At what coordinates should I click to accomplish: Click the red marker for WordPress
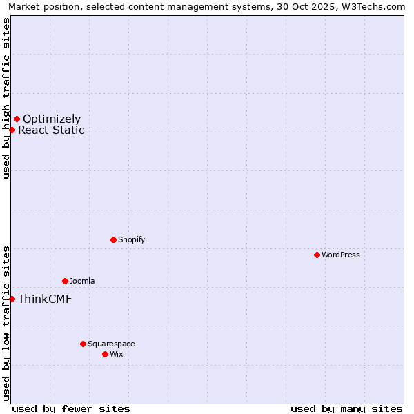[x=317, y=255]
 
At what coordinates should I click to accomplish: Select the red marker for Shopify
[x=113, y=239]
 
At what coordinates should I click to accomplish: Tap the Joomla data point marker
[x=65, y=281]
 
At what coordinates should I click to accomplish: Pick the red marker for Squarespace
[x=83, y=344]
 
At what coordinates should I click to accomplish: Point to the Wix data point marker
[x=105, y=354]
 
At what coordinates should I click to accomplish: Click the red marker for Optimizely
[x=17, y=119]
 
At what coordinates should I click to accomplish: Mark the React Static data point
[x=12, y=130]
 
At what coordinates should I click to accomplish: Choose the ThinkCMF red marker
[x=12, y=299]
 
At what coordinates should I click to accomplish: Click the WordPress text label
[x=341, y=255]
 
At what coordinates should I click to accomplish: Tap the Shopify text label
[x=132, y=239]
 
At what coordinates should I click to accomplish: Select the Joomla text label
[x=82, y=281]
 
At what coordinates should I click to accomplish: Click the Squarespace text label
[x=111, y=344]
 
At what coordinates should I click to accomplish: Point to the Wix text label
[x=117, y=354]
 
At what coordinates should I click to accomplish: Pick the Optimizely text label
[x=52, y=119]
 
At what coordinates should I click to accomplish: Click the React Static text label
[x=51, y=130]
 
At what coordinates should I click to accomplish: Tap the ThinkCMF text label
[x=45, y=299]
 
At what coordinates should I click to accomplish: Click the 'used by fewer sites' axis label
[x=71, y=408]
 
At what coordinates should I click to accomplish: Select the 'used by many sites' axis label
[x=346, y=408]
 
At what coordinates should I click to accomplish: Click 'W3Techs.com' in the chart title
[x=375, y=7]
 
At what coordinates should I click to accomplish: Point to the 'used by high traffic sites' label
[x=6, y=98]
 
